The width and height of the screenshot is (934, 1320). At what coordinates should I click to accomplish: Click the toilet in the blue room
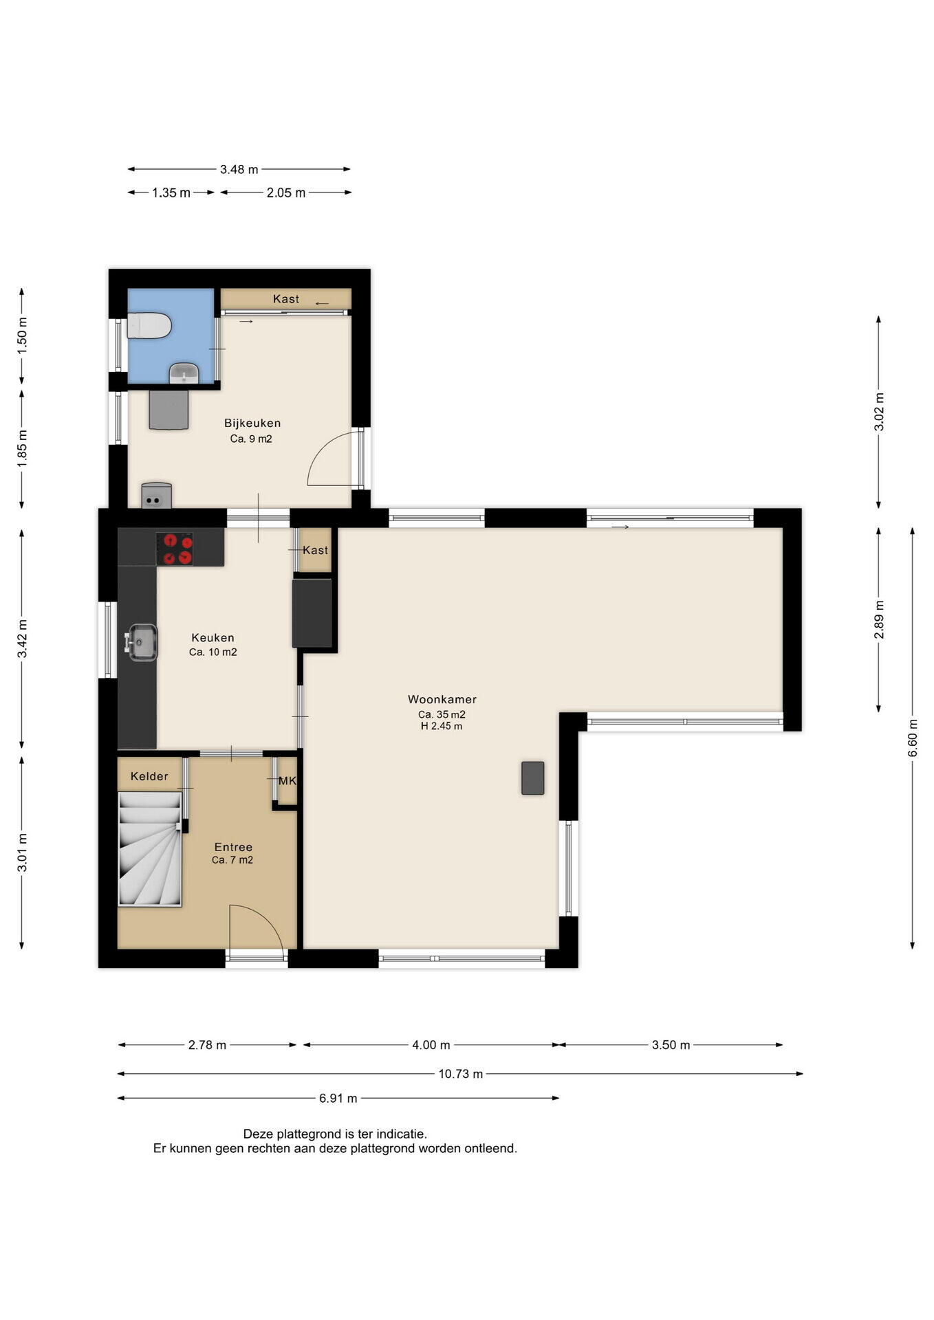[149, 325]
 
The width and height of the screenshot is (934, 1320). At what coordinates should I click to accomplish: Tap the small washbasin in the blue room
[184, 373]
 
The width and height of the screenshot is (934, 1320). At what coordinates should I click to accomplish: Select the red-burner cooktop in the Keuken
[174, 549]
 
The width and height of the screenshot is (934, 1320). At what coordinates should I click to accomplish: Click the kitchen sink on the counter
[141, 642]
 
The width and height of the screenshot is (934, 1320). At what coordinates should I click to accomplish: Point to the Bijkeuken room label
[252, 423]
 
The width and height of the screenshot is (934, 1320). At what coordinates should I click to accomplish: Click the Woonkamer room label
[442, 699]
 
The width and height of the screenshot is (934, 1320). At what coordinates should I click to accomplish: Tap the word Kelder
[149, 776]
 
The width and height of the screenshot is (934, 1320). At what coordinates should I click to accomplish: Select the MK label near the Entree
[287, 781]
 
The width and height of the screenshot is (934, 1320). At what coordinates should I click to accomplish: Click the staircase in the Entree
[150, 849]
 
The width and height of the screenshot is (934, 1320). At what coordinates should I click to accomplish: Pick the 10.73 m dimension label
[461, 1074]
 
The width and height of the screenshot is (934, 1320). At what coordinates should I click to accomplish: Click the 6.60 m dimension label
[913, 738]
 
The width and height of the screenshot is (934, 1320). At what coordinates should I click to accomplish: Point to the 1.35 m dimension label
[171, 192]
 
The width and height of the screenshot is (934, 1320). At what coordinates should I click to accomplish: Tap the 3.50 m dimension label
[671, 1045]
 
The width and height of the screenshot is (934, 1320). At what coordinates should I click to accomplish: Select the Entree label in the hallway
[233, 847]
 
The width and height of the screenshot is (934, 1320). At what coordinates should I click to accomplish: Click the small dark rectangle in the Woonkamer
[532, 778]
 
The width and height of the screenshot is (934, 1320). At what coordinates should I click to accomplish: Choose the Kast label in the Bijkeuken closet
[286, 298]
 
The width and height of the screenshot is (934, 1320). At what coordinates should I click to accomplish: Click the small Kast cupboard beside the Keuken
[315, 549]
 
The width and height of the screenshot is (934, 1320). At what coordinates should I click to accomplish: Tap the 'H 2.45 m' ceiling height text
[442, 726]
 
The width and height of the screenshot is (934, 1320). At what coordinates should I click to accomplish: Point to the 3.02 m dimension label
[879, 412]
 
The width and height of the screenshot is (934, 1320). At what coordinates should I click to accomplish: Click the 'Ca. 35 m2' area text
[442, 714]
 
